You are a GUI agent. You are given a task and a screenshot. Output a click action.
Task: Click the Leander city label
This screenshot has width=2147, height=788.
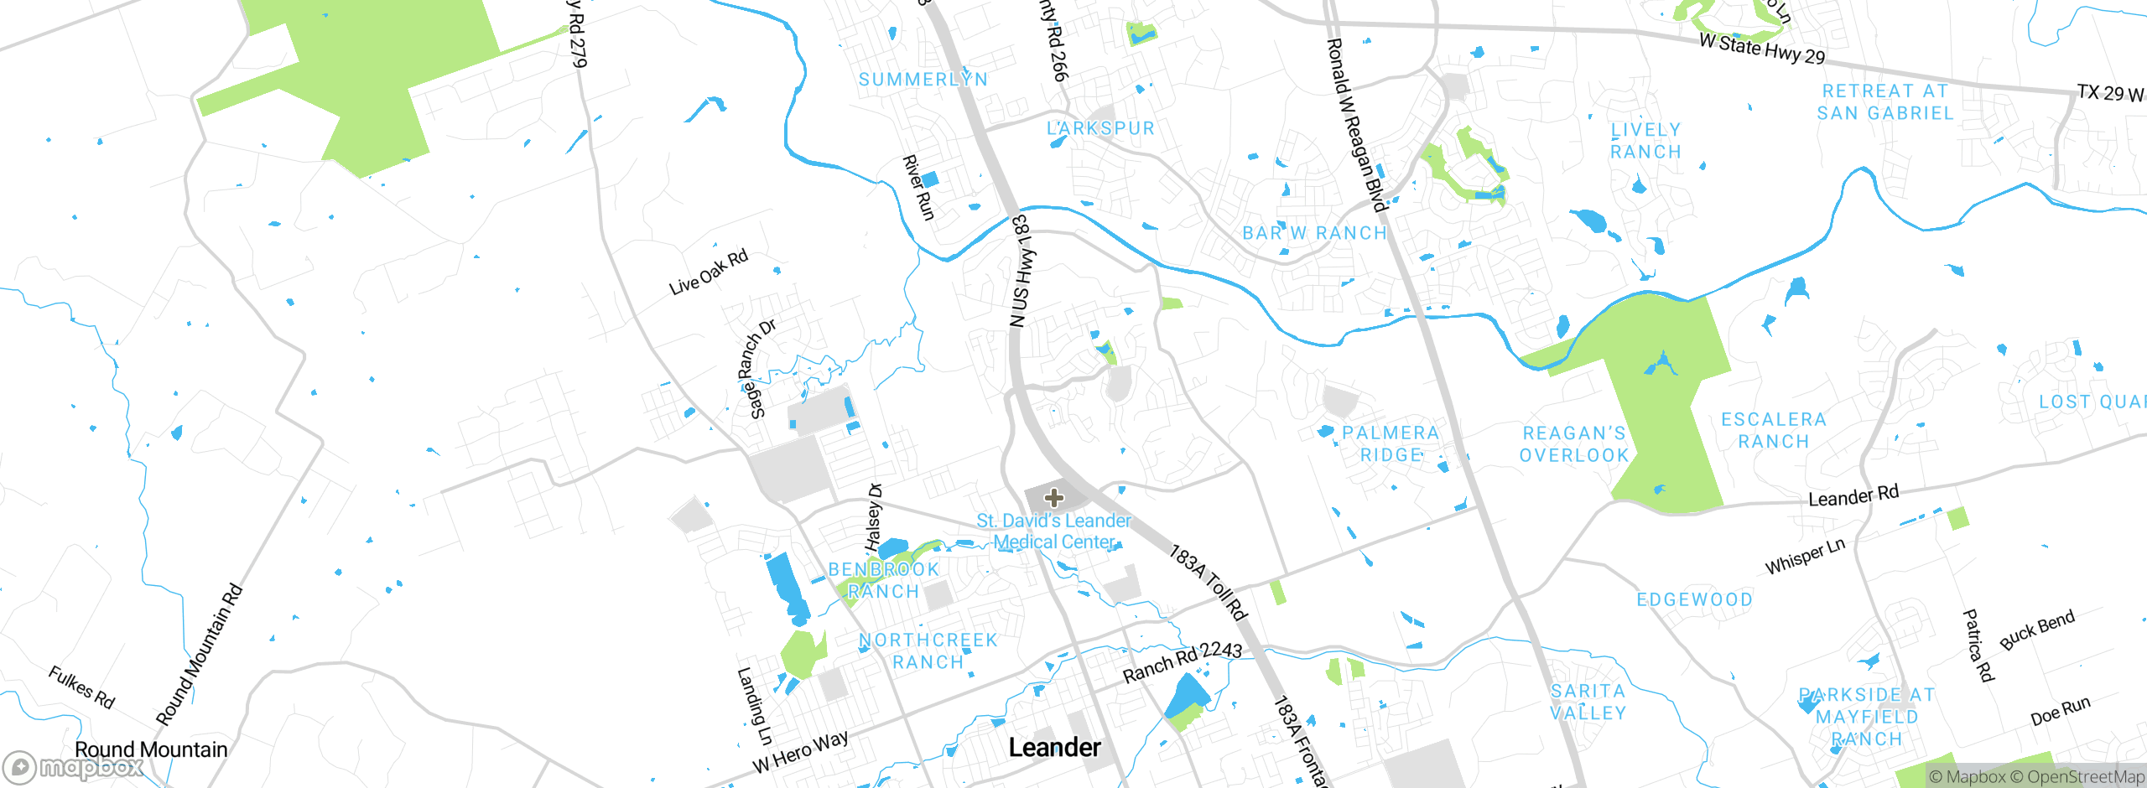tap(1054, 747)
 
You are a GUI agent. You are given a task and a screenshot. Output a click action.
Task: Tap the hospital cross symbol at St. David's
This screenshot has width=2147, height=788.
tap(1054, 498)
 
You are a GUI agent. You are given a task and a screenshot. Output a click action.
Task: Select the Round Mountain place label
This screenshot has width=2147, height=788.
tap(151, 749)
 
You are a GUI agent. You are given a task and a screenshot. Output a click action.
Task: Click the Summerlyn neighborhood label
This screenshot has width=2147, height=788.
tap(923, 80)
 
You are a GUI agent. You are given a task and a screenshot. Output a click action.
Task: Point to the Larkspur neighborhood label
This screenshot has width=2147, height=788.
tap(1100, 128)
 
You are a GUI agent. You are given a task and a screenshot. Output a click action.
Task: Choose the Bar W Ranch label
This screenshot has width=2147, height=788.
tap(1314, 233)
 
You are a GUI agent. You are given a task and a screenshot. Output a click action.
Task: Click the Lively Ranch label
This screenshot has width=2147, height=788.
tap(1645, 141)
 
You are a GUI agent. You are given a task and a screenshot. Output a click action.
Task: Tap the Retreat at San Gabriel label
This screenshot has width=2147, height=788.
tap(1884, 101)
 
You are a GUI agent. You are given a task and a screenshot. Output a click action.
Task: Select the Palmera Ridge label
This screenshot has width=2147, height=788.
tap(1391, 443)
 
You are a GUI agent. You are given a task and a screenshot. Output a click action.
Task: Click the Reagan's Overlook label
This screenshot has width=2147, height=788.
tap(1574, 444)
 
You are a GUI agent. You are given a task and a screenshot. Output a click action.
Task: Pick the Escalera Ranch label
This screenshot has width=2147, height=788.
tap(1773, 430)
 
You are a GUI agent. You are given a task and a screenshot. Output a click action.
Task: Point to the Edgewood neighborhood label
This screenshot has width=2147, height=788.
tap(1694, 599)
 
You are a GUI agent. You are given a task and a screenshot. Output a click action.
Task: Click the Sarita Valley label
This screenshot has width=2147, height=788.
tap(1588, 702)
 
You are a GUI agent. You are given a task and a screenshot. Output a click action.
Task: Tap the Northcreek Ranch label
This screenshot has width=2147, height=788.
tap(928, 651)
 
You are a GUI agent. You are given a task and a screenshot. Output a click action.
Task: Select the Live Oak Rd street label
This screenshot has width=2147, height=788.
tap(709, 272)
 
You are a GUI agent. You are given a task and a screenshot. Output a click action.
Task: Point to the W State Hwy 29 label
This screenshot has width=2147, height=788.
tap(1761, 49)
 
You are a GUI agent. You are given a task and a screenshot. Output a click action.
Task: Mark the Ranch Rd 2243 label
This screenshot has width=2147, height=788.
tap(1182, 661)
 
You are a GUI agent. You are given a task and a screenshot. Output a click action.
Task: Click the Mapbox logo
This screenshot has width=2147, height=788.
tap(73, 767)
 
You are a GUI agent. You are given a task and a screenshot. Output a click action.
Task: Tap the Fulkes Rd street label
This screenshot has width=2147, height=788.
tap(81, 687)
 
